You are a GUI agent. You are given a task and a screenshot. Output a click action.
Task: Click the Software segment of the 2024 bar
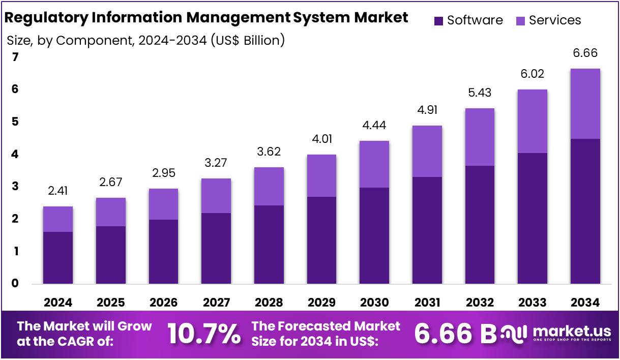(58, 258)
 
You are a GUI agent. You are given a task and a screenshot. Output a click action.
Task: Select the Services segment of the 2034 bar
(585, 104)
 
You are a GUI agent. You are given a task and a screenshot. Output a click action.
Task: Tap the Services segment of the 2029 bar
(321, 175)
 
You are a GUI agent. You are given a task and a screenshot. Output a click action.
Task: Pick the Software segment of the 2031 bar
(427, 230)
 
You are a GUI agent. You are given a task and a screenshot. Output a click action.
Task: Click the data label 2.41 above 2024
(58, 191)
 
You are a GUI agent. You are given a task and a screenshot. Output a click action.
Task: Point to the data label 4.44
(374, 125)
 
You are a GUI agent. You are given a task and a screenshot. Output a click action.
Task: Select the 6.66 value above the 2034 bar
(585, 53)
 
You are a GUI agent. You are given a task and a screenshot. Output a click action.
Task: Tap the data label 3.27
(216, 163)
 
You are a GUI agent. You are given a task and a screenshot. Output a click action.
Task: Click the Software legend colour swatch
(439, 21)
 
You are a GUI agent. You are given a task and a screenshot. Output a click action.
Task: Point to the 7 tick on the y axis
(15, 57)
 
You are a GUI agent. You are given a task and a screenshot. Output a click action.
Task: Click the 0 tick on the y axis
(15, 283)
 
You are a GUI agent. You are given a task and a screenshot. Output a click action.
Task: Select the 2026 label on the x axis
(164, 303)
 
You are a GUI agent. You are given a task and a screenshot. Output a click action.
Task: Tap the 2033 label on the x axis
(533, 303)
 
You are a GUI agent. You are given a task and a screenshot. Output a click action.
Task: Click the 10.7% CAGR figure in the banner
(203, 334)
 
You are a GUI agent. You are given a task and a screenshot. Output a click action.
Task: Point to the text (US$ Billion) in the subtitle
(248, 40)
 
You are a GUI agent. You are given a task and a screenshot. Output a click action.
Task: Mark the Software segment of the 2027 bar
(216, 248)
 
